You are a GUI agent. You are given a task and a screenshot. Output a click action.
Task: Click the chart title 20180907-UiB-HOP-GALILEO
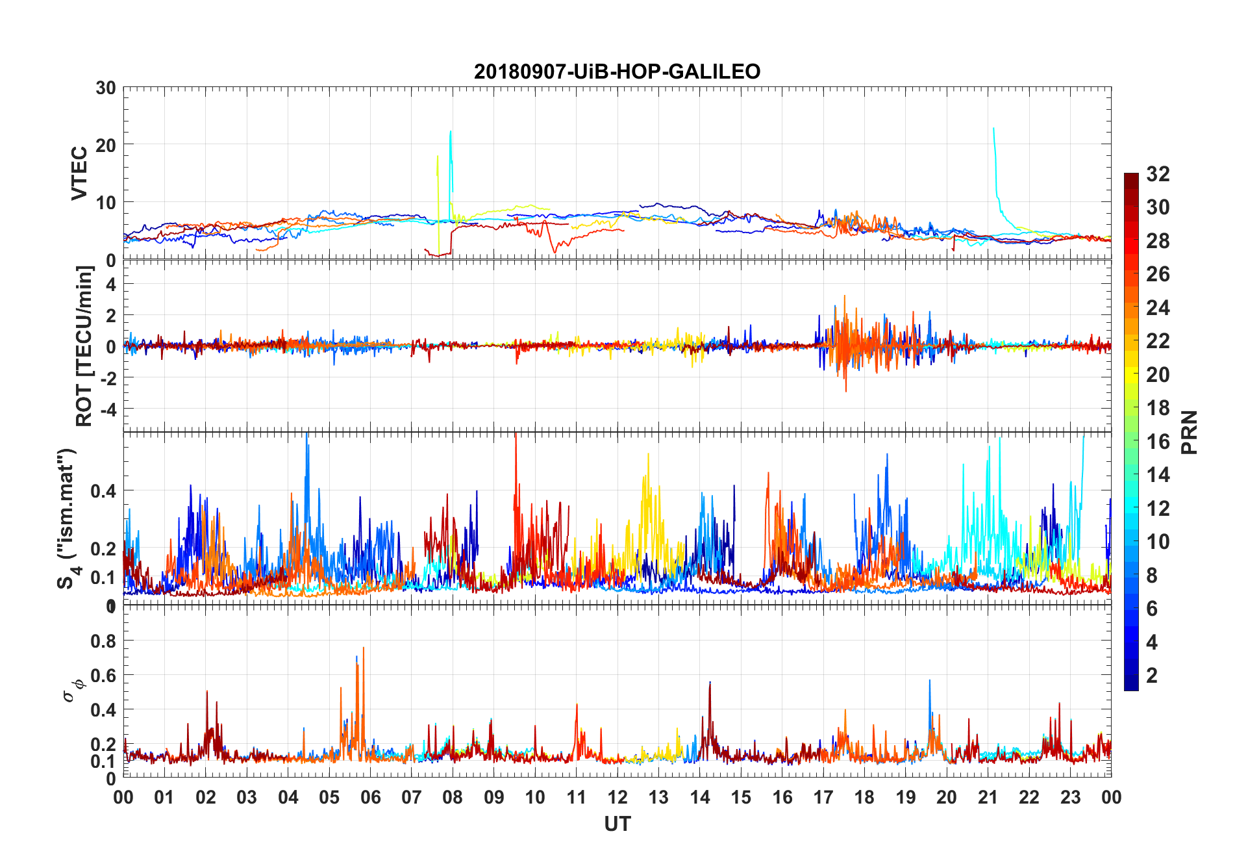coord(617,71)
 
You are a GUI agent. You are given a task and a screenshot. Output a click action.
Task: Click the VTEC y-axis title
coord(79,173)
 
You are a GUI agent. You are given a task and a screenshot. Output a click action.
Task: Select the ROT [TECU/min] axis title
coord(84,346)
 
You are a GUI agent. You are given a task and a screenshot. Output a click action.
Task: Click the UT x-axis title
coord(617,824)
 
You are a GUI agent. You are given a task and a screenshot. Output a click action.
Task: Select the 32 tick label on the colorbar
coord(1158,174)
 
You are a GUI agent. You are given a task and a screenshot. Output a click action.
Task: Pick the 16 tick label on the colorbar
coord(1158,442)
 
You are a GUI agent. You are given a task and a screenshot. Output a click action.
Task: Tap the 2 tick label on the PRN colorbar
coord(1152,676)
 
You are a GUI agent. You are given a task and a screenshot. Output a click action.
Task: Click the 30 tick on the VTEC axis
coord(106,88)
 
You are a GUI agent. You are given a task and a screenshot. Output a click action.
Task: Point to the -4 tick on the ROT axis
coord(107,409)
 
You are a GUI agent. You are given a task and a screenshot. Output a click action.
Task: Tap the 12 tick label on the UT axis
coord(617,798)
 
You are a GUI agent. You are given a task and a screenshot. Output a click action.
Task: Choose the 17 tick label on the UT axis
coord(823,798)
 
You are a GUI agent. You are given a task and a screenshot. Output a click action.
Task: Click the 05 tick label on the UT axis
coord(329,798)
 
